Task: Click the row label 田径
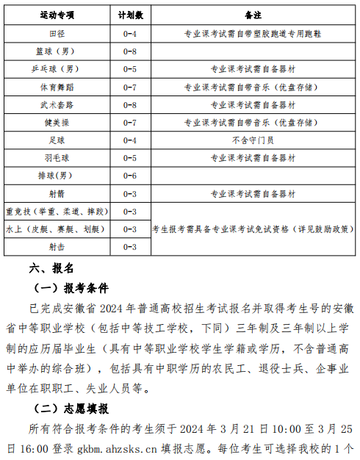(57, 34)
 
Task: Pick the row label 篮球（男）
(57, 51)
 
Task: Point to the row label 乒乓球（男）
(57, 69)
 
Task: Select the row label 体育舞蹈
(57, 87)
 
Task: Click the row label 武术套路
(57, 105)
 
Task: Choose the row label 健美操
(57, 123)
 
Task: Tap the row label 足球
(57, 140)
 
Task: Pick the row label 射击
(57, 247)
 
